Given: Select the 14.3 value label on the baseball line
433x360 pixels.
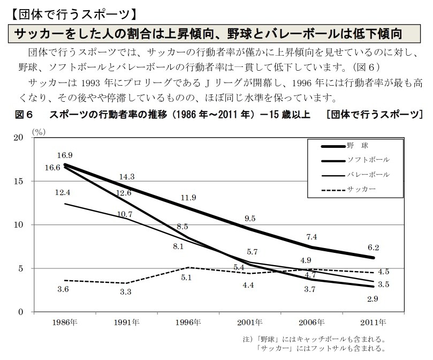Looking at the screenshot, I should [127, 177].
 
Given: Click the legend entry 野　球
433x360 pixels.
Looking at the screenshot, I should [357, 145].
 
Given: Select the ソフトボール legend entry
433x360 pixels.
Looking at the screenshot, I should [368, 160].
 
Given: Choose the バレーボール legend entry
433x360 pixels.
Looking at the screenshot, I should [368, 175].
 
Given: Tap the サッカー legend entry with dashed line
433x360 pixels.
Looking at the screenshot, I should [361, 189].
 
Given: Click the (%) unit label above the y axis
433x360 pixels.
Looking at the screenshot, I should [39, 131].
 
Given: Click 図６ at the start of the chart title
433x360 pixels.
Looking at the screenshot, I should [25, 115].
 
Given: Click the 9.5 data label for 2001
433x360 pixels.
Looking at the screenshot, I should [250, 219].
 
